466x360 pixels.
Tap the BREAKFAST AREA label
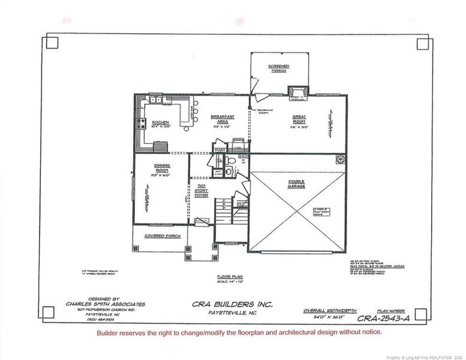pos(223,118)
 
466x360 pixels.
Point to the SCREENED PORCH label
pos(279,68)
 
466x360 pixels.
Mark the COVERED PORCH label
pos(159,236)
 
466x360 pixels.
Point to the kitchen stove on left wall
pos(143,124)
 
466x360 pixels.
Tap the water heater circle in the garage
pos(340,160)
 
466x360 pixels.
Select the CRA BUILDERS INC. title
pos(233,305)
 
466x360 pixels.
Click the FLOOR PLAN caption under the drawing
pos(229,277)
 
